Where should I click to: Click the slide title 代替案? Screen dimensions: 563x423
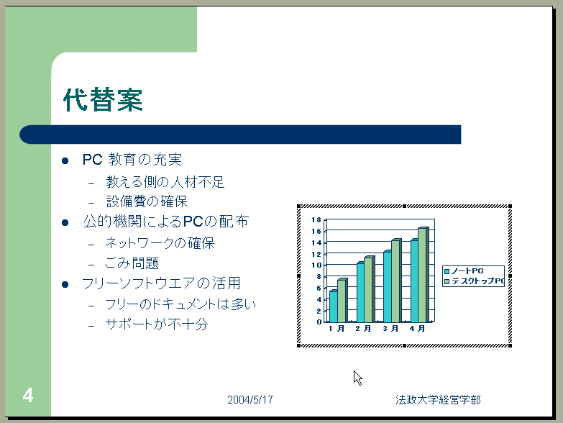(x=103, y=99)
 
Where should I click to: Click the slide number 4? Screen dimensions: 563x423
(x=27, y=396)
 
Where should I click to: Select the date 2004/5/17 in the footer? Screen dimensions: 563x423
(x=250, y=400)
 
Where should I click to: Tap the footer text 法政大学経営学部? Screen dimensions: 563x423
(x=438, y=400)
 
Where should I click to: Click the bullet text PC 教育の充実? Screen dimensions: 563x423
(x=132, y=160)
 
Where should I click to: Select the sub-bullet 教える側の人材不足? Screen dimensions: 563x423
(x=165, y=182)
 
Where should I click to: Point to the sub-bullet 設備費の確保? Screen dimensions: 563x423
(x=147, y=201)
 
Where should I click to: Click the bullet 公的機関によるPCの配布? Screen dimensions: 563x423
(x=166, y=221)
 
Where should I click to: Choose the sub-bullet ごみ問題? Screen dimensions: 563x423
(x=132, y=263)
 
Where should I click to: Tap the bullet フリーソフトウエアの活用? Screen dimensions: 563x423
(x=161, y=283)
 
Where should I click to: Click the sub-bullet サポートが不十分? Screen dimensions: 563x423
(x=157, y=324)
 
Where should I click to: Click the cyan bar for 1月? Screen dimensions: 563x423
(x=334, y=306)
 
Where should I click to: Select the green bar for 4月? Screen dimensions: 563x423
(x=423, y=275)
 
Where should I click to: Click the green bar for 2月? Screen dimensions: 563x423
(x=370, y=289)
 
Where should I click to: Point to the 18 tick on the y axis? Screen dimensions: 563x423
(x=316, y=219)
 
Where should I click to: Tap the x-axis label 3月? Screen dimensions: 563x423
(x=390, y=329)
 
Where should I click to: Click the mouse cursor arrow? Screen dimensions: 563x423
(x=357, y=378)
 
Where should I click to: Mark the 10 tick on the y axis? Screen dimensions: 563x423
(x=316, y=265)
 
